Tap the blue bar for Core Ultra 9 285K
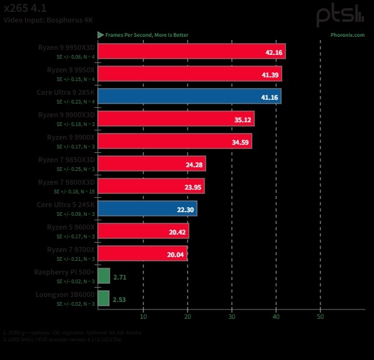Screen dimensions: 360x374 (x=189, y=96)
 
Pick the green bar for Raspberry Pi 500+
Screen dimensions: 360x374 (x=103, y=276)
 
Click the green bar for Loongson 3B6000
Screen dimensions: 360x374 (x=103, y=298)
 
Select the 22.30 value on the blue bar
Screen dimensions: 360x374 (x=186, y=210)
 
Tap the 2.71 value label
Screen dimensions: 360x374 (x=120, y=276)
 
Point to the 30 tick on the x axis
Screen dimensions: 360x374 (x=232, y=316)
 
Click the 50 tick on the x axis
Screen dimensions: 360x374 (x=320, y=316)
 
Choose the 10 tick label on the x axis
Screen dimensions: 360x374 (x=143, y=316)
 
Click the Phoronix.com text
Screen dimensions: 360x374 (x=347, y=35)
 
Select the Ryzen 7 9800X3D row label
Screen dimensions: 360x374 (x=66, y=182)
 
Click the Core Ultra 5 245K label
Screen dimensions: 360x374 (x=65, y=204)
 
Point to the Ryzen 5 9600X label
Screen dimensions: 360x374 (x=70, y=226)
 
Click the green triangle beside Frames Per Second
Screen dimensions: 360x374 (x=100, y=35)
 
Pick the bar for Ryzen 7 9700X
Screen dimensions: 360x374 (x=143, y=253)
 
